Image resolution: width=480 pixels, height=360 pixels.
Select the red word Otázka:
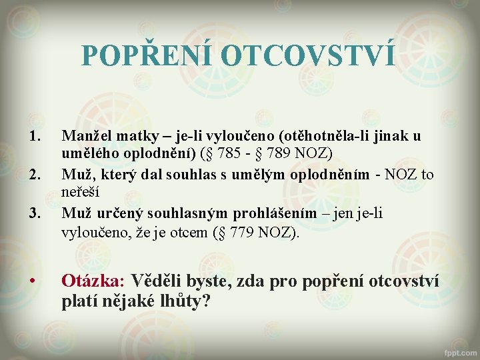pyautogui.click(x=93, y=280)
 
